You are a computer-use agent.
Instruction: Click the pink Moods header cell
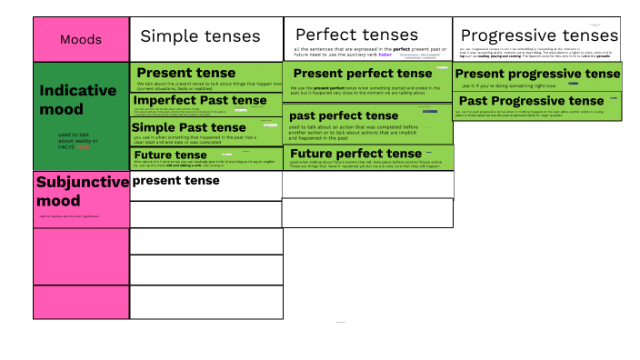tap(81, 39)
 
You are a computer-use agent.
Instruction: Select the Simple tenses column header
tap(200, 36)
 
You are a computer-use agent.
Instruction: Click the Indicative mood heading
tap(78, 100)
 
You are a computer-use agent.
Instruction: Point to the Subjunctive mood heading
tap(82, 190)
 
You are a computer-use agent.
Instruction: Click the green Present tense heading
tap(185, 73)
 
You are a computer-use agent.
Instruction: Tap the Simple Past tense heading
tap(189, 127)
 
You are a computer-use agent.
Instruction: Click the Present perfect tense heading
tap(363, 73)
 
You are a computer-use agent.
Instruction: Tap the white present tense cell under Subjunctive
tap(176, 181)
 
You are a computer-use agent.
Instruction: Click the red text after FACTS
tap(85, 145)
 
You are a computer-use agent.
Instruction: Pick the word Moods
tap(81, 39)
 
